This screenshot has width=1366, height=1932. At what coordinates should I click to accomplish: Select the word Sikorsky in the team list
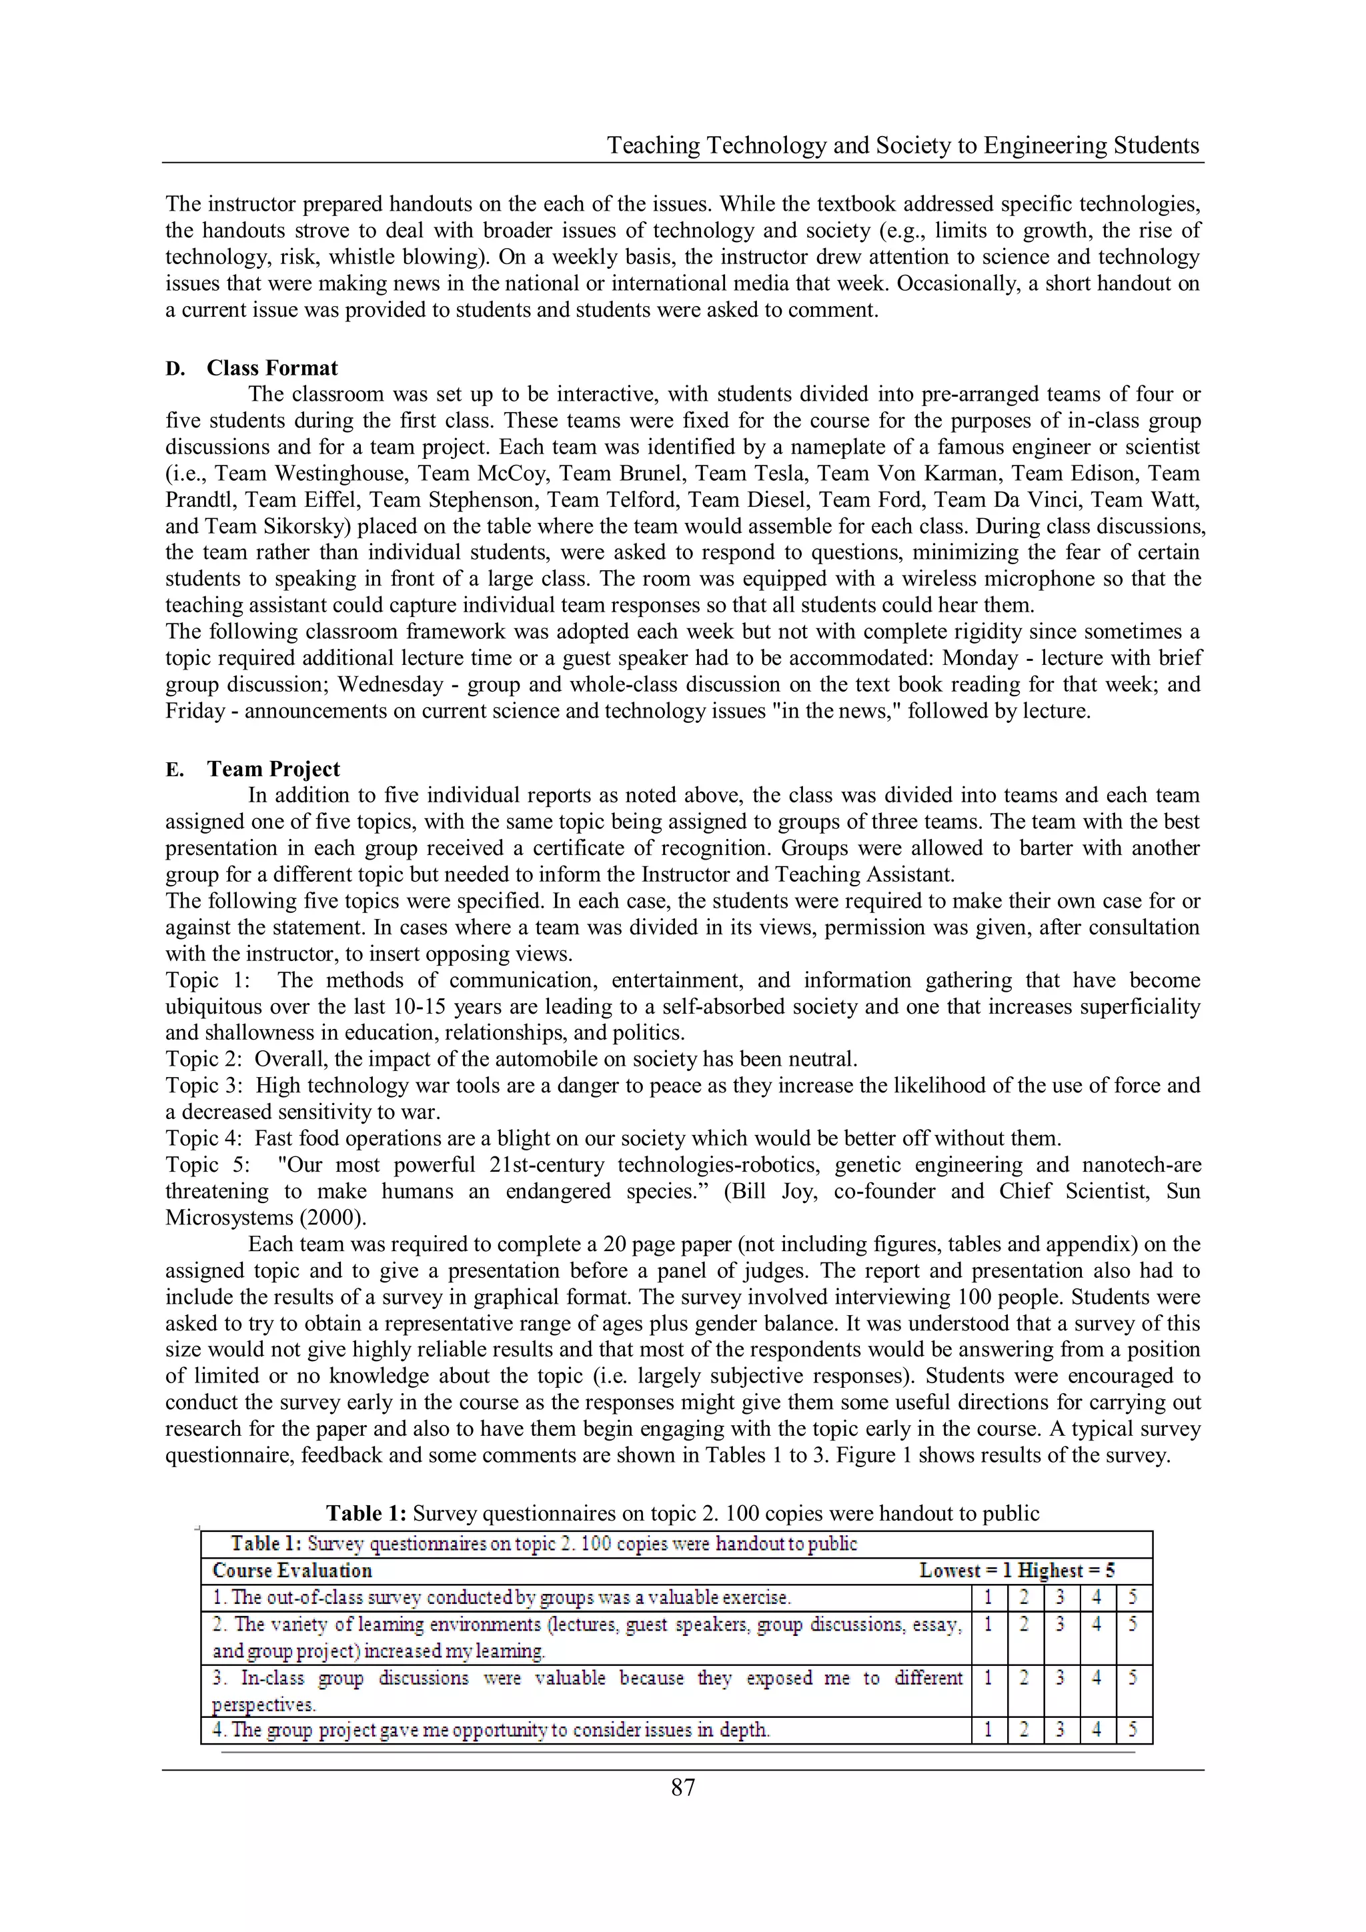(x=291, y=526)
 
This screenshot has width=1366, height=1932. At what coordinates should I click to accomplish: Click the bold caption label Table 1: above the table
(x=366, y=1513)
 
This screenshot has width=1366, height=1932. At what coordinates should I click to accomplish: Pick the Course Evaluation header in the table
(x=292, y=1570)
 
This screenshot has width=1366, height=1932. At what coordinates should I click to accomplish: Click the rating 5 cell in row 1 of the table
(x=1133, y=1597)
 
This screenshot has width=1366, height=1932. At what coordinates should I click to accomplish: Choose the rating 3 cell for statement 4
(x=1061, y=1730)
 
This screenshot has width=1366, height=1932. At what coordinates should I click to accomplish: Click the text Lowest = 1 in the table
(x=964, y=1570)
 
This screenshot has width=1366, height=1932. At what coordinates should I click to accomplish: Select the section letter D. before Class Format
(x=174, y=369)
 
